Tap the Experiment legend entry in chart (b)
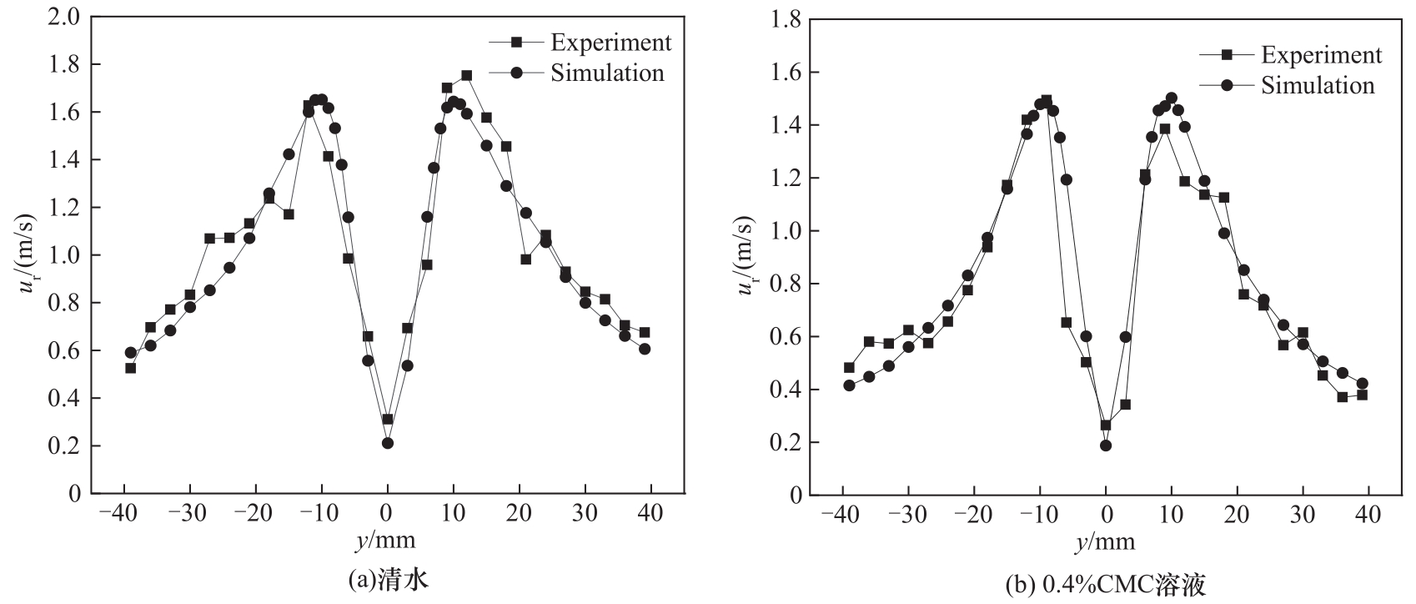[1290, 54]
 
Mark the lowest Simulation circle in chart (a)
[388, 443]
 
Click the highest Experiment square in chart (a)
[466, 75]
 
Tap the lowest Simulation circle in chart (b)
[1106, 445]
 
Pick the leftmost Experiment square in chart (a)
[130, 368]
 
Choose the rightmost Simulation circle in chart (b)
[1363, 384]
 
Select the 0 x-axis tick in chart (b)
[1106, 514]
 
